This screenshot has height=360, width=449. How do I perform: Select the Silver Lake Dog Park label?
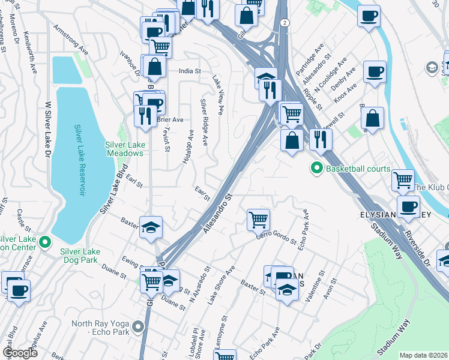coord(91,260)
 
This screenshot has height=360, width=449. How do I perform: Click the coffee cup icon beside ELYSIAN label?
coord(408,206)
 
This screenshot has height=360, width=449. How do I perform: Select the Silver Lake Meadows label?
coord(125,149)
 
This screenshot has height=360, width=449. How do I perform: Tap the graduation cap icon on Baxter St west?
coord(151,227)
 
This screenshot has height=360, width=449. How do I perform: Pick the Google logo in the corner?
coord(20,353)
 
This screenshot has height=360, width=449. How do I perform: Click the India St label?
coord(189,71)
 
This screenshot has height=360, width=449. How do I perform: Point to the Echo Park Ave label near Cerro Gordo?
coord(306,223)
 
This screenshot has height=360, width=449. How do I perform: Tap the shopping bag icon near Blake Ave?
coord(373,119)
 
